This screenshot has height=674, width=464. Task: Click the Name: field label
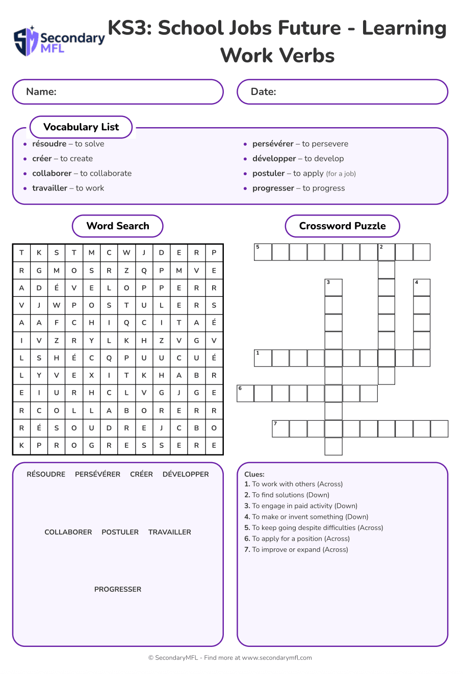coord(41,92)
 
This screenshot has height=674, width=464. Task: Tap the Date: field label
coord(263,92)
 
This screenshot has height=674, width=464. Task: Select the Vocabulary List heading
coord(81,127)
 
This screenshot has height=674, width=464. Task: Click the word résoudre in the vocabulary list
coord(49,144)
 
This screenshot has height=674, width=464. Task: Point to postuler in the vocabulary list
coord(268,174)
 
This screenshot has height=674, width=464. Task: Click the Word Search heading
coord(118,226)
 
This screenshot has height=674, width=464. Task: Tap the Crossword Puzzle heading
coord(342,226)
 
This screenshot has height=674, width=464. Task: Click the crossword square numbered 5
coord(263,252)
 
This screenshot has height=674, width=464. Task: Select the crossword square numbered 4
coord(422,287)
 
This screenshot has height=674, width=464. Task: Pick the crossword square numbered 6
coord(245,394)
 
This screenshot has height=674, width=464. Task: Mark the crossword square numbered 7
coord(280,429)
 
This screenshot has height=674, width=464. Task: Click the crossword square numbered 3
coord(333,287)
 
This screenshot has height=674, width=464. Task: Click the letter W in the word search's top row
coord(126,252)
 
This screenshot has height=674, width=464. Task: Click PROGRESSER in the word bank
coord(118,589)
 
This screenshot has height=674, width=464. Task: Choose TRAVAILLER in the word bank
coord(170,532)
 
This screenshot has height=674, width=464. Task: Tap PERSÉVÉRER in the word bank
coord(98,474)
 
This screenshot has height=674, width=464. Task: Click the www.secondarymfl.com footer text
coord(277,658)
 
